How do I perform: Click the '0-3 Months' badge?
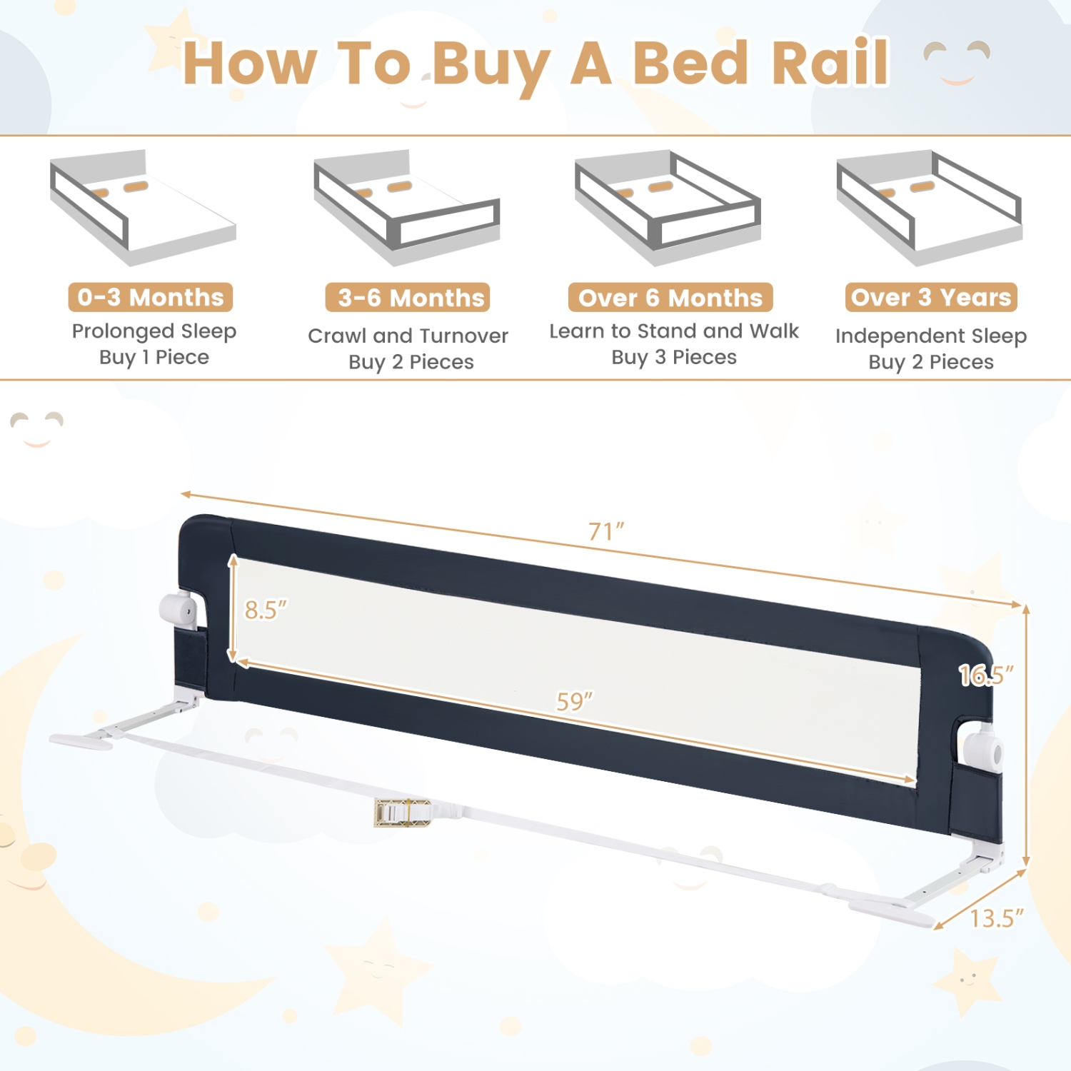[151, 297]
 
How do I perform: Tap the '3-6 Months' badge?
[408, 298]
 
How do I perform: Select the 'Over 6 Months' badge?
[670, 298]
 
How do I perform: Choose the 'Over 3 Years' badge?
[931, 297]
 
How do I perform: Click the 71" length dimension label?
[606, 532]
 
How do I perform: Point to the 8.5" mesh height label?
[266, 610]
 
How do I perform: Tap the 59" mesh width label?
[575, 702]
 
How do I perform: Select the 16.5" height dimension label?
[986, 675]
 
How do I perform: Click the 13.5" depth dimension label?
[997, 918]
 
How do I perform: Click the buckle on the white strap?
[403, 813]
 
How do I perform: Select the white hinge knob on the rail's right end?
[984, 750]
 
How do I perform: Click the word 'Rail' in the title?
[830, 63]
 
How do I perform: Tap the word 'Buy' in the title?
[491, 66]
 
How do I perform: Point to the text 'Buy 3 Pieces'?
[674, 357]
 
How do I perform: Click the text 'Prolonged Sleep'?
[154, 331]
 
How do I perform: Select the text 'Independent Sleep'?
[931, 336]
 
